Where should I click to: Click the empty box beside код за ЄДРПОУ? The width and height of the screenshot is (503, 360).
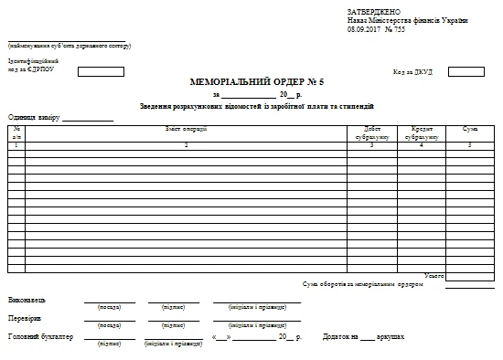coord(101,71)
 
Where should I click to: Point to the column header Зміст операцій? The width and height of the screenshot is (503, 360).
coord(186,129)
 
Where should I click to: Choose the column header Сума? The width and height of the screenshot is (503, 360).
coord(470,130)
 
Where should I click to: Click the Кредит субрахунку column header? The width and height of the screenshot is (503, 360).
coord(422,133)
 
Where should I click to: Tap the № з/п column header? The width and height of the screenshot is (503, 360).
coord(16,133)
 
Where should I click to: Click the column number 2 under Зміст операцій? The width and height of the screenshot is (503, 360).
coord(186,145)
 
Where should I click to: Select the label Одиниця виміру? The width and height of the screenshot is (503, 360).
coord(34,117)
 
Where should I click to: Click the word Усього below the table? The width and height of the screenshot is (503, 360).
coord(434,275)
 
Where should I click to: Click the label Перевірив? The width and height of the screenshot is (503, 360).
coord(25,319)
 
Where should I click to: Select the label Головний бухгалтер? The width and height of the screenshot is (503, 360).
coord(40,337)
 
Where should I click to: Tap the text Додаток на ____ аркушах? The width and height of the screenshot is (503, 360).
coord(363,337)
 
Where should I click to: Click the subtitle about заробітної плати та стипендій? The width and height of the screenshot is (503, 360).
coord(257,107)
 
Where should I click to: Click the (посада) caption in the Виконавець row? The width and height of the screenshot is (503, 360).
coord(109,308)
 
